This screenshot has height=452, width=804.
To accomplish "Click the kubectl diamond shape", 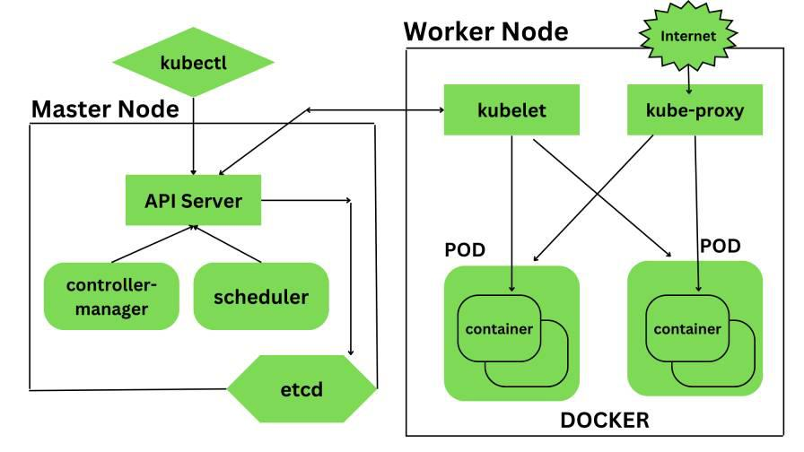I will (x=193, y=63).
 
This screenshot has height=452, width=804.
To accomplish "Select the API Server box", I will (x=193, y=200).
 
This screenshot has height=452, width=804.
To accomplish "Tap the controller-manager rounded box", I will (x=111, y=297).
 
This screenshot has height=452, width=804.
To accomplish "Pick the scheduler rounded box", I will (x=261, y=297).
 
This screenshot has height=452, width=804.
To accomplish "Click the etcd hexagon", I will (x=301, y=390).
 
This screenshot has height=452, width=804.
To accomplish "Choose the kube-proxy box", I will (x=695, y=110).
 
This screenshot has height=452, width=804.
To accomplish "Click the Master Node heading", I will (x=105, y=109).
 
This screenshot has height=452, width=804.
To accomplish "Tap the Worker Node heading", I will (x=485, y=31).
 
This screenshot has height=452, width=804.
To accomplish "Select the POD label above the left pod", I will (x=466, y=248).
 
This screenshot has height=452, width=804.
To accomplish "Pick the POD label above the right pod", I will (x=721, y=245).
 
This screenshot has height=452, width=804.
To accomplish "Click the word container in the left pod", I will (x=498, y=328).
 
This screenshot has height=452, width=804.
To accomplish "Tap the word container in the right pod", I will (x=687, y=328).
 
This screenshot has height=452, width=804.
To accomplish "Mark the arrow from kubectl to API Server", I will (x=193, y=135).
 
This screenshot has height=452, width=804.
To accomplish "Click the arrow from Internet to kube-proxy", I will (x=688, y=76).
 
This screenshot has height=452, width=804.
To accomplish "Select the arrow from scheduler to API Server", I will (x=229, y=244).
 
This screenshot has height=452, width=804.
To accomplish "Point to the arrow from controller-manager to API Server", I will (x=153, y=244).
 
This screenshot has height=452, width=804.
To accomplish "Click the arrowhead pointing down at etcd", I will (x=351, y=352).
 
